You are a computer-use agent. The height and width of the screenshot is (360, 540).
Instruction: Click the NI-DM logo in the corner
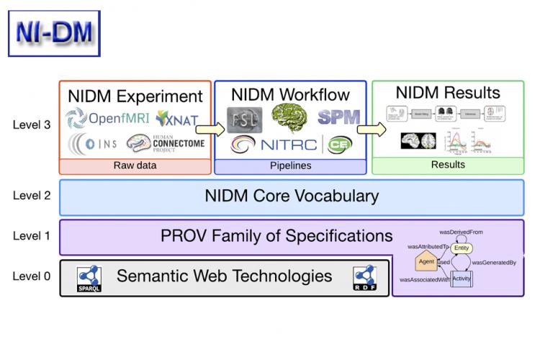pos(54,32)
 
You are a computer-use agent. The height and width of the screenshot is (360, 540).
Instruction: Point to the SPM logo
pos(338,117)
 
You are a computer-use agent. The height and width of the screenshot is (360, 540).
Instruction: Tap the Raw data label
pos(135,166)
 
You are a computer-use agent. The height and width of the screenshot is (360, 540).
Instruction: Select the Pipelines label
pos(290,166)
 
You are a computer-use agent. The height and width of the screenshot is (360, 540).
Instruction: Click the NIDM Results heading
pos(448,92)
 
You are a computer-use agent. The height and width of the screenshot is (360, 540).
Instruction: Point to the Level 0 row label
pos(32,275)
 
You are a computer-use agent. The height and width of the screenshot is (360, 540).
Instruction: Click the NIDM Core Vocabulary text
pos(292,197)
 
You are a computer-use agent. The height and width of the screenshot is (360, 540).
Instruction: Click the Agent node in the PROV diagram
pos(426,261)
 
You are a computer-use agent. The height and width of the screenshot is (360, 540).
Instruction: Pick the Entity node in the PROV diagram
pos(462,248)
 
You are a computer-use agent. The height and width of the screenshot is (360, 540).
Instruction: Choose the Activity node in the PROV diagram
pos(462,278)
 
